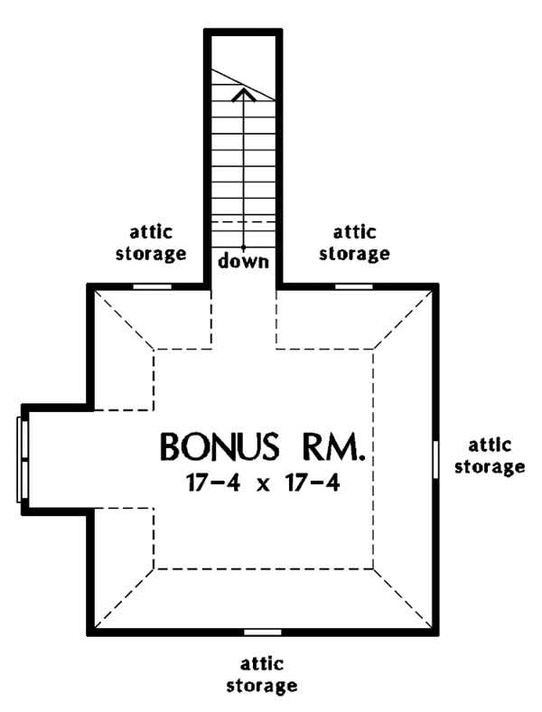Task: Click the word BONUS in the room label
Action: tap(220, 447)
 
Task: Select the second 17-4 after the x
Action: tap(313, 483)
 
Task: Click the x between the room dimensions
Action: tap(263, 485)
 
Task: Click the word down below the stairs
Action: tap(244, 261)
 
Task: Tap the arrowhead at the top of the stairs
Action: tap(244, 95)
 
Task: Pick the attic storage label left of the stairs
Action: tap(151, 243)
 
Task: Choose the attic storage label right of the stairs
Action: tap(354, 243)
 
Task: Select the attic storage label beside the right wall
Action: tap(490, 456)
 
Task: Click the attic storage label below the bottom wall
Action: tap(262, 675)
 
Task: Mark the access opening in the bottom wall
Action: tap(263, 632)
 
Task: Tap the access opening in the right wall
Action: tap(435, 459)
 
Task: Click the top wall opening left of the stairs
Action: tap(153, 286)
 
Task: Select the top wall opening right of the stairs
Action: tap(354, 286)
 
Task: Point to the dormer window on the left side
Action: tap(23, 460)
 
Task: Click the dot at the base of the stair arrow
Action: tap(244, 247)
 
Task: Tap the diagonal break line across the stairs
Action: tap(244, 84)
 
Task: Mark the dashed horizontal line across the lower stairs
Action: tap(244, 221)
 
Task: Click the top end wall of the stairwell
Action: tap(244, 32)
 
